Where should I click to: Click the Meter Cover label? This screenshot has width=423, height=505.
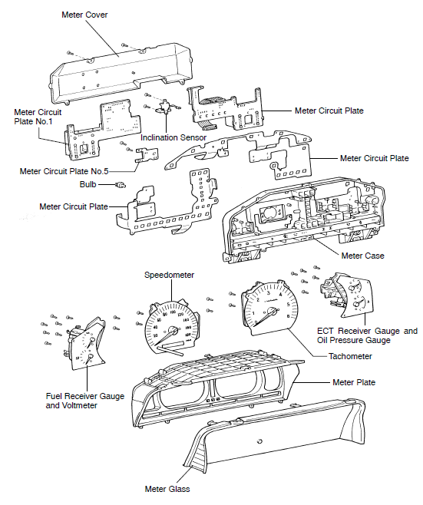pos(84,15)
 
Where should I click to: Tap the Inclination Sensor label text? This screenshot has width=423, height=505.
pos(173,137)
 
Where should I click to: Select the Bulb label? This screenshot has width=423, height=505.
pos(88,184)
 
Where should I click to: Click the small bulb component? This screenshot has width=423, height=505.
pos(121,185)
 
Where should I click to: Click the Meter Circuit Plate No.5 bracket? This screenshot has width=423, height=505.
pos(147,155)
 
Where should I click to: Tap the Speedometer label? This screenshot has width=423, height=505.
pos(169,275)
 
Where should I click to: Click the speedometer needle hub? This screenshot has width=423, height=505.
pos(173,331)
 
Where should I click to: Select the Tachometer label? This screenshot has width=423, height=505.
pos(350,356)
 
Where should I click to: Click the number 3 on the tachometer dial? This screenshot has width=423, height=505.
pos(269,292)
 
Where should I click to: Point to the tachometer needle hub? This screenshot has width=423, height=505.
pos(274,312)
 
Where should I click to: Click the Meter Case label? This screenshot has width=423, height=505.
pos(363,256)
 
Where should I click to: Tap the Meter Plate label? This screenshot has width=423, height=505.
pos(354,382)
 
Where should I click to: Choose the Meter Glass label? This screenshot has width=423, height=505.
pos(167,489)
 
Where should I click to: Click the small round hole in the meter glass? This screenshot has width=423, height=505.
pos(259,441)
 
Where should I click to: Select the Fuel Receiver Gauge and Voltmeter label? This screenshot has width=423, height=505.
pos(85,401)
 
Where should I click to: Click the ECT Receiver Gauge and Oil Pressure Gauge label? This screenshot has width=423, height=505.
pos(367,335)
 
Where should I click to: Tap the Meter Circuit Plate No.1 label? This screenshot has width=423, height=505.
pos(38,117)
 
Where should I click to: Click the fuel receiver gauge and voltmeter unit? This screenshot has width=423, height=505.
pos(86,345)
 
